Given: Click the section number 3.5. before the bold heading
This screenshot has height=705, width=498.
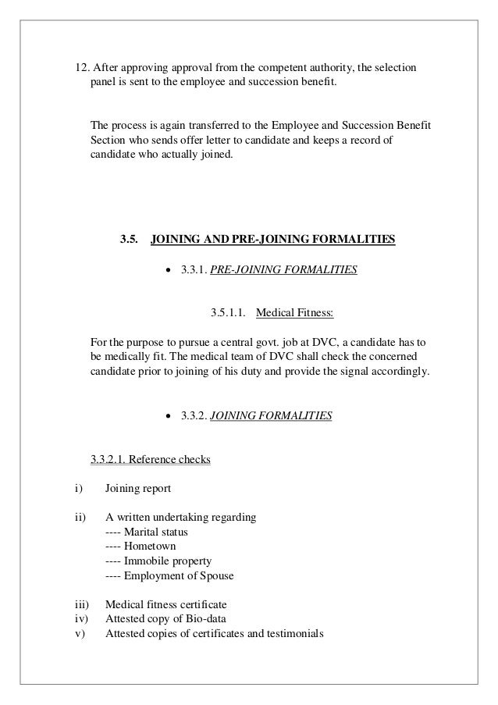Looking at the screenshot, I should point(130,238).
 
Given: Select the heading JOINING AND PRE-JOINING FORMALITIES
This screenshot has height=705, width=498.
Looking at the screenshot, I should point(272,238).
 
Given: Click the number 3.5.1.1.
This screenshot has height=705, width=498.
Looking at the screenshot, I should point(229,313).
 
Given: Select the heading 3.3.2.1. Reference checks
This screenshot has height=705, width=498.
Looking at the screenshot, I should point(151,460).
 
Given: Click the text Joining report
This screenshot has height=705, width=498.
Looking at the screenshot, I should point(136,490).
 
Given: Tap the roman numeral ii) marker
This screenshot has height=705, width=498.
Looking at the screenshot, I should point(79,518).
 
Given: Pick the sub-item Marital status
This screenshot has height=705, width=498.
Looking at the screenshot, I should point(156,532).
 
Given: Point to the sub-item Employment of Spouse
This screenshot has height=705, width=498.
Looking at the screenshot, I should point(179,576).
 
